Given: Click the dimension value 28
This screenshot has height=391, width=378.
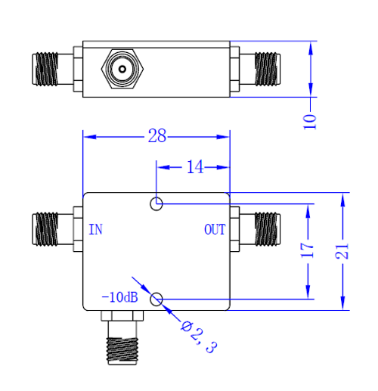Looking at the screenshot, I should pos(156,137).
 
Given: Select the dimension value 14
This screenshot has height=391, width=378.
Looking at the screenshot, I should pos(195,167).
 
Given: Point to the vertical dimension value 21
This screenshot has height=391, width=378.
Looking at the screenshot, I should pos(344,251).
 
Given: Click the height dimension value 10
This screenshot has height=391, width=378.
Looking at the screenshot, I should pos(310,119).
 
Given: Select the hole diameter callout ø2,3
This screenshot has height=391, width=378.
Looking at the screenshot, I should pos(199,336).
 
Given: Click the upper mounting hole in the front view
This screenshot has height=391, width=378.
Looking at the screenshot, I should pos(156,203).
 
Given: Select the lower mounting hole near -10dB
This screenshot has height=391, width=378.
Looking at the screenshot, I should pos(156,299).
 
